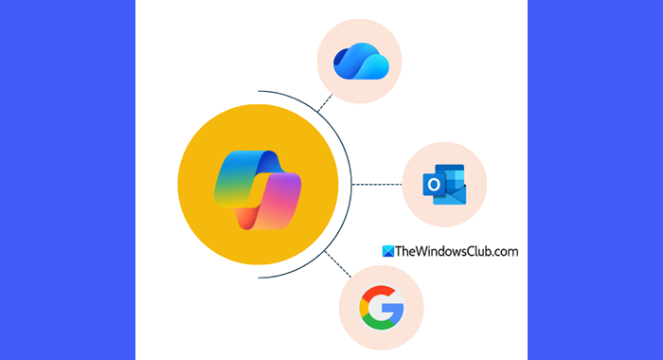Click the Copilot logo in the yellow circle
click(258, 189)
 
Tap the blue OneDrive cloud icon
click(361, 62)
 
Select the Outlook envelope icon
click(444, 185)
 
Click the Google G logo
click(382, 308)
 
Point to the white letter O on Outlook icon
click(434, 185)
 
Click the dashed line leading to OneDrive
click(325, 103)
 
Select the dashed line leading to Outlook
click(377, 185)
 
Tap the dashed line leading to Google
click(338, 264)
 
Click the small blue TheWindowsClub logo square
click(387, 251)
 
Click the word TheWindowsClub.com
click(457, 252)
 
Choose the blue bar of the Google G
click(395, 311)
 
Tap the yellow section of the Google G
click(363, 308)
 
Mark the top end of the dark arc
click(259, 91)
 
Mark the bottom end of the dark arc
click(259, 278)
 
